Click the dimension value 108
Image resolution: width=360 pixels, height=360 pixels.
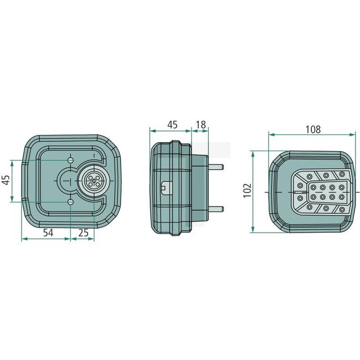(313, 130)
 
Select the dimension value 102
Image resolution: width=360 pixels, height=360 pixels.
(248, 191)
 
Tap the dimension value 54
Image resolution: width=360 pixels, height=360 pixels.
(48, 233)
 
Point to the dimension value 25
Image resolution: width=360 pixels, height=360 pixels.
(83, 233)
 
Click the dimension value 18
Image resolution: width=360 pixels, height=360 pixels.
(201, 125)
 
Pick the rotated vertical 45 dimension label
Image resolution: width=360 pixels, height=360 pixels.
(6, 180)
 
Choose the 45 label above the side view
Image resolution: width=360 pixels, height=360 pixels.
(172, 125)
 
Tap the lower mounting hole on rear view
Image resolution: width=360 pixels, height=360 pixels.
(71, 202)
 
